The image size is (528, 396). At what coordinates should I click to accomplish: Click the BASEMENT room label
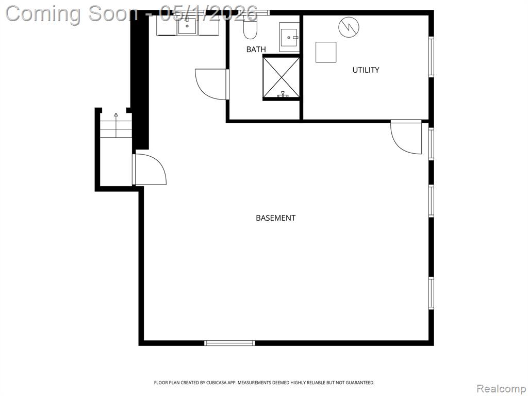275,218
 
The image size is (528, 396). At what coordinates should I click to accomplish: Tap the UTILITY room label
366,70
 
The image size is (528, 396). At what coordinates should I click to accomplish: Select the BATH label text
256,49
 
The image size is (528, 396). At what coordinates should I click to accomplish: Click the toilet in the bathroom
250,27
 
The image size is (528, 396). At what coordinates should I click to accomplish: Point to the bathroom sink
289,37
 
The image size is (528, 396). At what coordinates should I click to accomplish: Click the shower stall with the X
281,77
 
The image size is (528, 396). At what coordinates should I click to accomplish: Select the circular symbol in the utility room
349,27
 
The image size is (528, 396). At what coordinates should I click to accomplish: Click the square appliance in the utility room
326,52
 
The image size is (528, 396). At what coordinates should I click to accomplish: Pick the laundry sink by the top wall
188,26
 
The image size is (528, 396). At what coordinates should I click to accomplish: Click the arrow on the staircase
116,125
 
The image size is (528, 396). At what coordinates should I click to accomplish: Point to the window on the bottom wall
229,343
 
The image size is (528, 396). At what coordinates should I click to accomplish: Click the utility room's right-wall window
431,57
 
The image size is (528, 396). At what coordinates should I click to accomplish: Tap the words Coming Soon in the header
72,14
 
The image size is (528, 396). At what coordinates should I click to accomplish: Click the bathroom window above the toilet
258,13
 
